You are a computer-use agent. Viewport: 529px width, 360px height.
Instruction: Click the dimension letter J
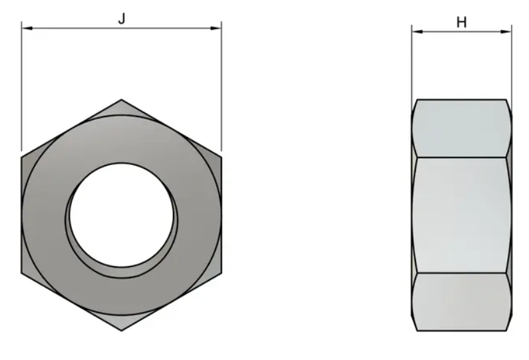(x=122, y=19)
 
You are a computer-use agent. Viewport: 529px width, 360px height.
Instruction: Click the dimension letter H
(x=461, y=22)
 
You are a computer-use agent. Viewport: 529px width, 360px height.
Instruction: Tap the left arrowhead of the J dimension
(x=25, y=28)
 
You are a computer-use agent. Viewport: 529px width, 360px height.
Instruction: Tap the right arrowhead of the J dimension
(x=217, y=28)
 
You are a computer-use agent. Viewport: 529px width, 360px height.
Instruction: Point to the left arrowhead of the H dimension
(x=415, y=31)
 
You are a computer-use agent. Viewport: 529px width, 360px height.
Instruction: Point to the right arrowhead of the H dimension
(x=508, y=31)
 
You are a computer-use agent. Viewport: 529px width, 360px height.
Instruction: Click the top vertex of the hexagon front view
(x=121, y=100)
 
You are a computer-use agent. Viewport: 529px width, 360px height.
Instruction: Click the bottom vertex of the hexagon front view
(x=121, y=329)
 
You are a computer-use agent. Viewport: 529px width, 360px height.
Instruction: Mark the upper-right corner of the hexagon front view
(x=221, y=157)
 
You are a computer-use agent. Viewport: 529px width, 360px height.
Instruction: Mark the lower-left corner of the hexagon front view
(x=22, y=272)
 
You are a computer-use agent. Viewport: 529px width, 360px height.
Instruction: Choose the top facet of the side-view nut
(x=461, y=128)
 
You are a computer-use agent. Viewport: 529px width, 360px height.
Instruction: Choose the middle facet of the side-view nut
(x=461, y=214)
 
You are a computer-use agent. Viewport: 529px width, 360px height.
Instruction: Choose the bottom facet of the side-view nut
(x=461, y=301)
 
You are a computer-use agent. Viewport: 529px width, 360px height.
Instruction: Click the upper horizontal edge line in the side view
(x=461, y=158)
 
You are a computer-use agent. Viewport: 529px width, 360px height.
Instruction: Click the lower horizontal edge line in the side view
(x=461, y=272)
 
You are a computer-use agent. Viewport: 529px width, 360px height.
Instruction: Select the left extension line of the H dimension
(x=412, y=67)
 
